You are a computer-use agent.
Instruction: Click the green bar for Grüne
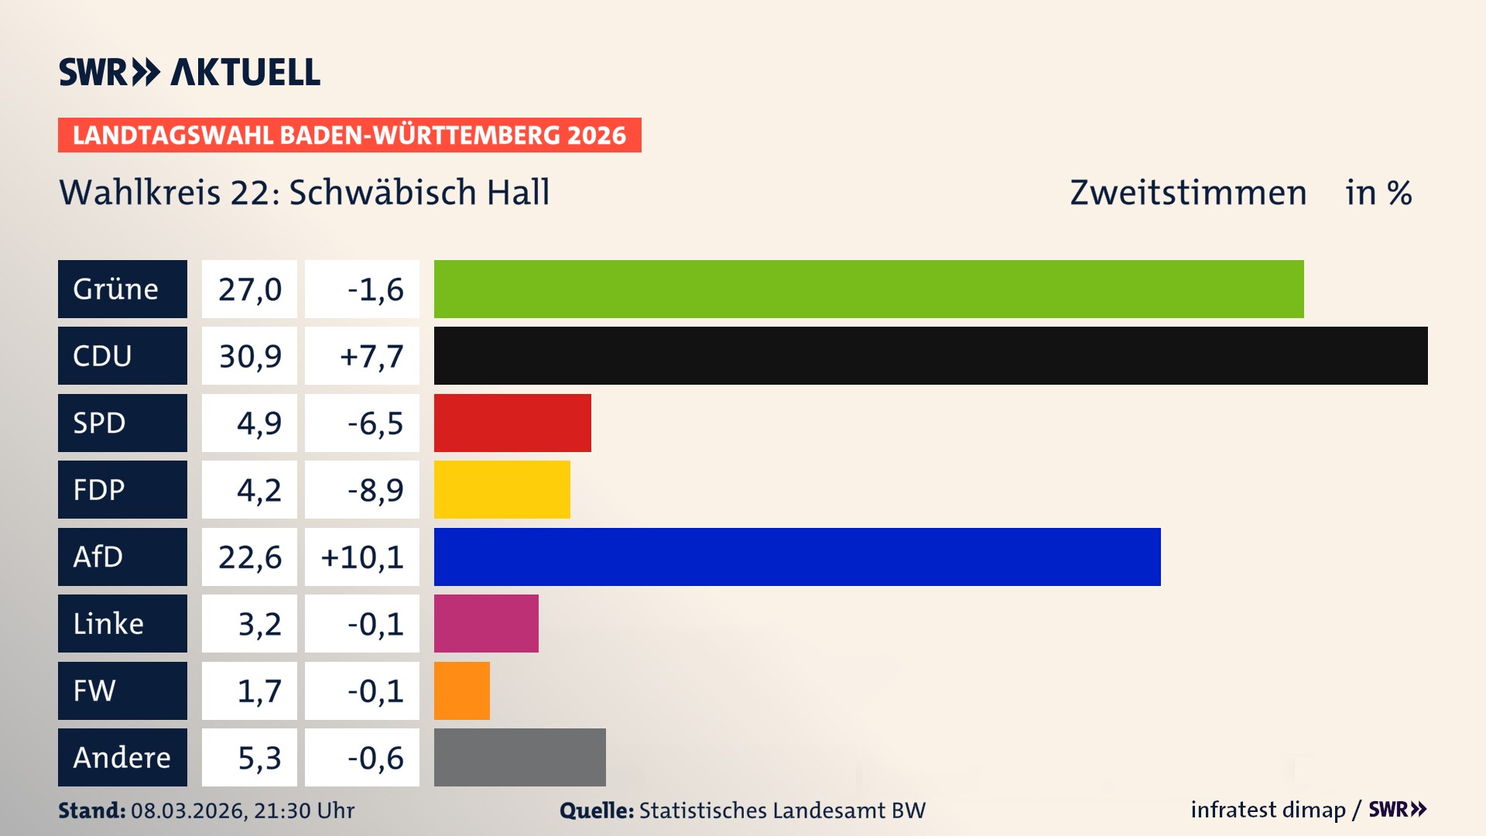[x=868, y=289]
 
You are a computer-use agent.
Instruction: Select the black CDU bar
[x=930, y=355]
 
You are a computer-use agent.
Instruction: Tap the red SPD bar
[x=512, y=423]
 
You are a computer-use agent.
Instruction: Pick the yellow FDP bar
[x=502, y=489]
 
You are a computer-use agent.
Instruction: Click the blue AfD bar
[x=797, y=557]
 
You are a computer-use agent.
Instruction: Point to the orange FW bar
[x=461, y=690]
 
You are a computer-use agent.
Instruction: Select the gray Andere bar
[x=519, y=757]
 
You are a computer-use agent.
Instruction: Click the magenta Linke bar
[x=486, y=623]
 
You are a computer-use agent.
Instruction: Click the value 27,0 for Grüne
[x=249, y=289]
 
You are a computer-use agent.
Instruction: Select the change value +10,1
[x=362, y=557]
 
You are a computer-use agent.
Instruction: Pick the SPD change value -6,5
[x=375, y=423]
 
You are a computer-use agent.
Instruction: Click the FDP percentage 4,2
[x=259, y=489]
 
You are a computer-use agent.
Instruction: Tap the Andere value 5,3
[x=259, y=757]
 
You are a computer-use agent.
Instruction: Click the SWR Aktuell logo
[x=189, y=72]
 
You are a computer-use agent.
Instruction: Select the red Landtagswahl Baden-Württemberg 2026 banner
[x=349, y=135]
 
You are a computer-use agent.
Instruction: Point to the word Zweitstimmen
[x=1188, y=192]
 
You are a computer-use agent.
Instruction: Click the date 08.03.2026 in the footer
[x=187, y=810]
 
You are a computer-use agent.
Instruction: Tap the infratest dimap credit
[x=1268, y=810]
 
